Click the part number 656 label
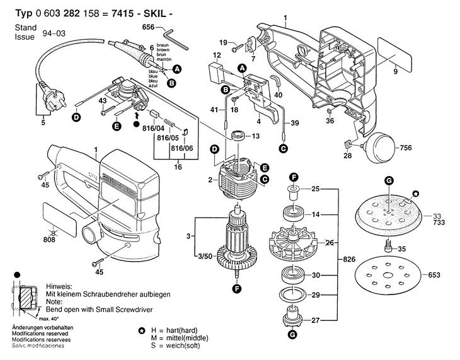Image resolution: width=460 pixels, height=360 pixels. coord(148,27)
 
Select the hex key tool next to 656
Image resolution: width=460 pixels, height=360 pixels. coord(175,38)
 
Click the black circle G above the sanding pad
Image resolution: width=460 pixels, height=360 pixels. coord(389,181)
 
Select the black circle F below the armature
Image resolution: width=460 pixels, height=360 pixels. coord(236,289)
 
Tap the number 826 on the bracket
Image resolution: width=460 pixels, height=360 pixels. coord(349,259)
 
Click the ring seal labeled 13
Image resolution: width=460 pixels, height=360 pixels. coord(238,136)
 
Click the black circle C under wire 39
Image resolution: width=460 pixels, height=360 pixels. coord(284,149)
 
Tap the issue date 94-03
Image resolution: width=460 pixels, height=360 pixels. coord(54,33)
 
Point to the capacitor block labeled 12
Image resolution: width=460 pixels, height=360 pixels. coord(216,73)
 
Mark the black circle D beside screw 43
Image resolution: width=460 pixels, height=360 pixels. coord(76,117)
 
